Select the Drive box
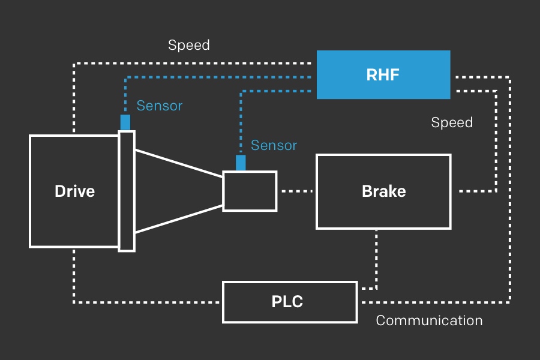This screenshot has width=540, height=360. pos(74,191)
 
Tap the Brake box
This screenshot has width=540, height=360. pos(383,191)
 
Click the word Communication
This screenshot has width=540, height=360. pos(429,320)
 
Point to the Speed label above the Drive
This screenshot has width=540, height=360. pos(188,45)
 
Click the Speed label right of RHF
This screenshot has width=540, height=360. pos(452,122)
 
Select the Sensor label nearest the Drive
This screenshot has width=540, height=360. pos(159,106)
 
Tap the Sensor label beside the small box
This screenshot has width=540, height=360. pos(274,145)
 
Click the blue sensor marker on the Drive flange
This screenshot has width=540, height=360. pos(125,122)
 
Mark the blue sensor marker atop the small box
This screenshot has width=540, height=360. pos(241,163)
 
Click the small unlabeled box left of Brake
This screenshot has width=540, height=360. pos(250,191)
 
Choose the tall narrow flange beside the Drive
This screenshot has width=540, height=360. pos(127,191)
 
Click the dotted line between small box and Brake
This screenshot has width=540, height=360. pos(297,191)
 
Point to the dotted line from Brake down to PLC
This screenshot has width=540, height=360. pos(376,258)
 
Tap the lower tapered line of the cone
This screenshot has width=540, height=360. pos(179,219)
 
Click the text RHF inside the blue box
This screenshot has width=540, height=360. pos(383,75)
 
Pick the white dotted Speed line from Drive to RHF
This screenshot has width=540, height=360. pos(192,62)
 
